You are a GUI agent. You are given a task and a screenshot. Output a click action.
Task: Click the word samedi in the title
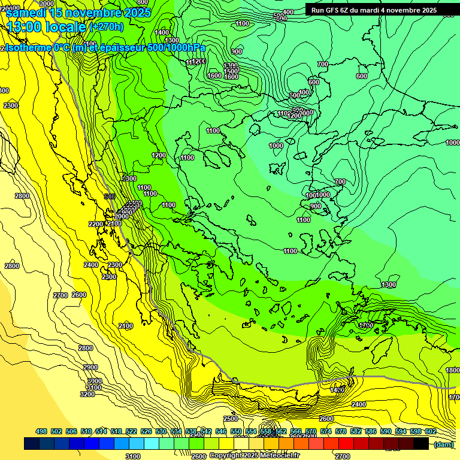point(28,13)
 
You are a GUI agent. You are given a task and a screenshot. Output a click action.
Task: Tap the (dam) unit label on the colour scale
point(444,444)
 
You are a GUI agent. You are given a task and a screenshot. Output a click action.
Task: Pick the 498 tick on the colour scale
point(41,431)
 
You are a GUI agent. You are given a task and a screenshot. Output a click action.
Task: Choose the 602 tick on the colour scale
point(430,431)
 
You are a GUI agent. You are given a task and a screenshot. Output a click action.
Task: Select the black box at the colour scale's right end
point(421,443)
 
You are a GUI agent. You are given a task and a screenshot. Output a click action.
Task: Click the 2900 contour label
point(90,367)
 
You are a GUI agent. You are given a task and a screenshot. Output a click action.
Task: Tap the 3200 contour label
point(87,394)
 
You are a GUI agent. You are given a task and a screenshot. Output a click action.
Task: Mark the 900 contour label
point(316,206)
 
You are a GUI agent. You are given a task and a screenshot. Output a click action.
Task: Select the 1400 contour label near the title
point(162,32)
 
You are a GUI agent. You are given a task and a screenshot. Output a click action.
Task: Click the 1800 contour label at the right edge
point(453,371)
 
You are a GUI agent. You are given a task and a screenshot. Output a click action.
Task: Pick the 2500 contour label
point(231,419)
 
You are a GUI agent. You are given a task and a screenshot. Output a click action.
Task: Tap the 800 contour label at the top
point(143,2)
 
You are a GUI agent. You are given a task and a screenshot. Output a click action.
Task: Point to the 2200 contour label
point(96,224)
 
